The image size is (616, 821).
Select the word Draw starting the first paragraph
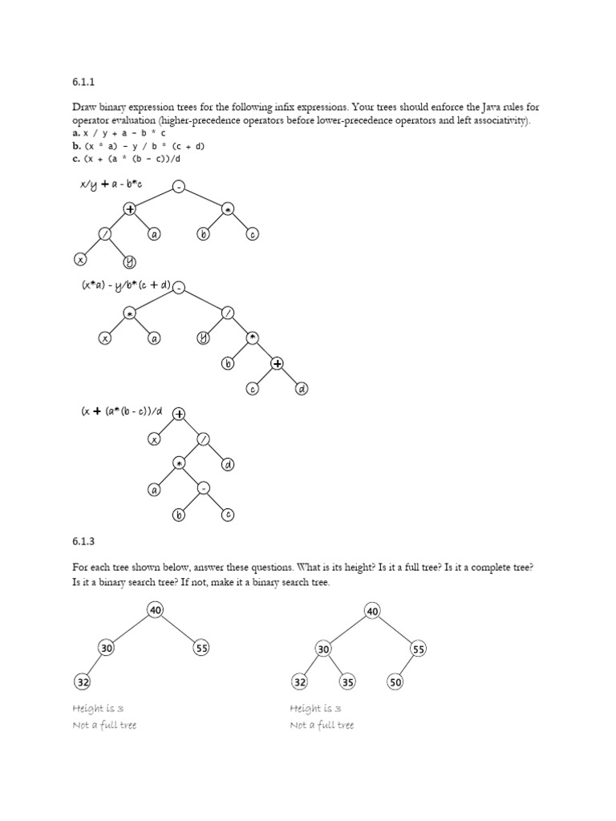click(85, 107)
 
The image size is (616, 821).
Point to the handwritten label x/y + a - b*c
click(111, 186)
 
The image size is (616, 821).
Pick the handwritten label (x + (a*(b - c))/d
click(122, 412)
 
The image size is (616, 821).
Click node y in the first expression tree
click(129, 261)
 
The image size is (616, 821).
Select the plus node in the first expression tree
click(129, 209)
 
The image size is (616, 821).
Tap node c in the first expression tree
click(253, 235)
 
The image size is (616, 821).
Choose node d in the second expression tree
click(302, 389)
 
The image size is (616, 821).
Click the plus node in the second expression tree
click(278, 364)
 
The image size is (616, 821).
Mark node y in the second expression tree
click(203, 338)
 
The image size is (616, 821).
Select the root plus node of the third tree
click(178, 415)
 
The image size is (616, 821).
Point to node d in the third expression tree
click(228, 464)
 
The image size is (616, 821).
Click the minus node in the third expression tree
click(204, 488)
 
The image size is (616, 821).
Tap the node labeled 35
click(347, 682)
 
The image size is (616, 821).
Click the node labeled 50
click(395, 682)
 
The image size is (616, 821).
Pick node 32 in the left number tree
click(83, 682)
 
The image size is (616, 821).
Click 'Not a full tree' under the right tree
click(322, 725)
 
